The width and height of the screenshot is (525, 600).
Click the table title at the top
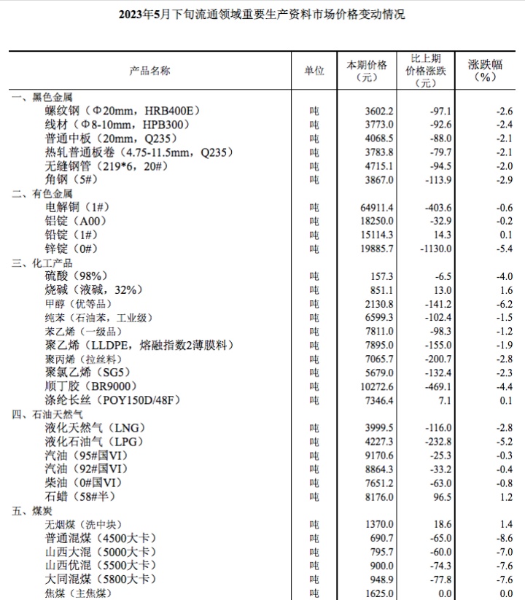[x=262, y=15]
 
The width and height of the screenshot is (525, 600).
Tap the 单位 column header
[x=314, y=71]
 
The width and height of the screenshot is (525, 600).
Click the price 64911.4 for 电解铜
[x=378, y=207]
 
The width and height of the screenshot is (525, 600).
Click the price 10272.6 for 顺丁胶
[x=378, y=386]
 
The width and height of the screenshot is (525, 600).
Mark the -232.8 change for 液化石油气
[x=437, y=441]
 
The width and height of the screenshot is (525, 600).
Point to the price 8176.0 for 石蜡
[x=380, y=496]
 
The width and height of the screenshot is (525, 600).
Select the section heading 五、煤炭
[x=31, y=510]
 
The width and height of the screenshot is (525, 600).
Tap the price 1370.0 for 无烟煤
[x=380, y=523]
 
